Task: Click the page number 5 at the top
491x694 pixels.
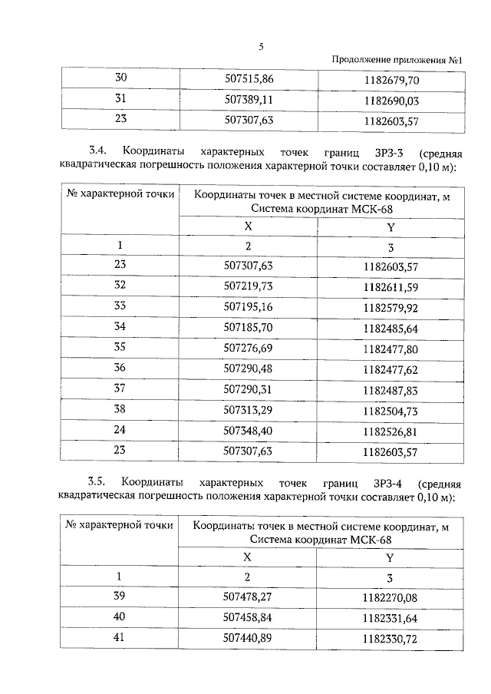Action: (261, 46)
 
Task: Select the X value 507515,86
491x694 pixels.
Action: (248, 79)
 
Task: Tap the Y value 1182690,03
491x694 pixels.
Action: (392, 100)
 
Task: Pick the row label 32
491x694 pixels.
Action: (120, 286)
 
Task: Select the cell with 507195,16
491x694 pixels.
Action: (248, 308)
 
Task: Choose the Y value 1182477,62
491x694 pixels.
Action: (392, 368)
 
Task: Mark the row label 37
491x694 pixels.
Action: (120, 388)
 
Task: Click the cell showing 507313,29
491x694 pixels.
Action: (248, 409)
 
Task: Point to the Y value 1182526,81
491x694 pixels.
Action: (392, 430)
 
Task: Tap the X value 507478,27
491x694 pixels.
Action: (248, 596)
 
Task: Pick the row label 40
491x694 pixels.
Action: (120, 616)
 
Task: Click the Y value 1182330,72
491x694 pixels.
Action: (392, 637)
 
